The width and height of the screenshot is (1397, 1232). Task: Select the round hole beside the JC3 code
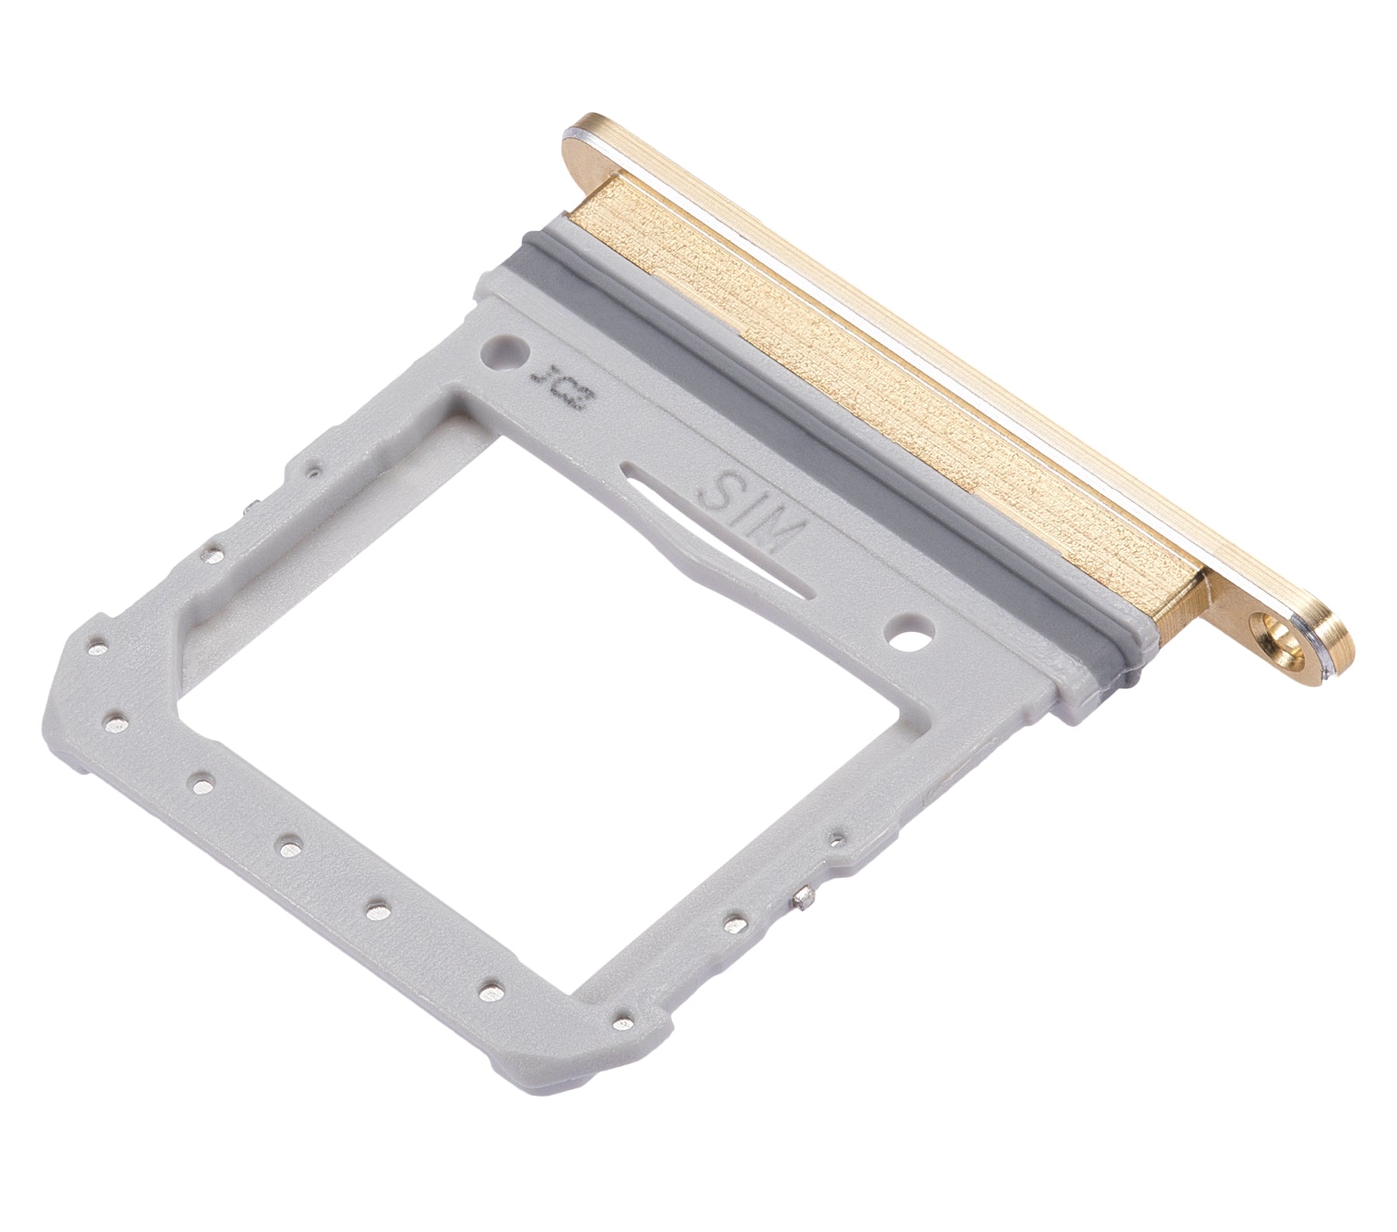coord(499,350)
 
